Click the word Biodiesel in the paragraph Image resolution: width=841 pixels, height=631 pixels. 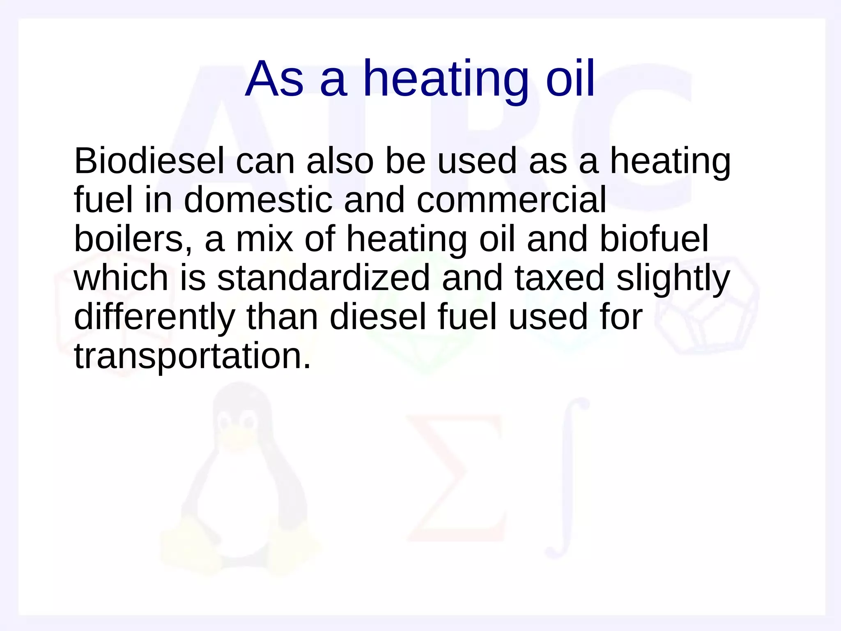coord(149,161)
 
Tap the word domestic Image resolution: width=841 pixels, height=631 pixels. coord(258,200)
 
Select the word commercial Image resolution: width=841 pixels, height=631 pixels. coord(511,200)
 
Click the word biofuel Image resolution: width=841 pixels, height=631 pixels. coord(654,239)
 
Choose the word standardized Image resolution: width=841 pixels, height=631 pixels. coord(323,278)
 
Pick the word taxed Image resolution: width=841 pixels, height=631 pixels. coord(560,278)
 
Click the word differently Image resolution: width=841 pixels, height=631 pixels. coord(154,318)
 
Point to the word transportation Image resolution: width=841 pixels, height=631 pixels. coord(192,356)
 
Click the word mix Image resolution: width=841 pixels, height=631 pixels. coord(264,239)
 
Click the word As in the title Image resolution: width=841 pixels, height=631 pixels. coord(274,79)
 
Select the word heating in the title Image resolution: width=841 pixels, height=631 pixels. coord(446,79)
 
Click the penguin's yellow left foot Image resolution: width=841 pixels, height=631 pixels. coord(189,546)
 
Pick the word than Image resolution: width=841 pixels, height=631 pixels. coord(283,317)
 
